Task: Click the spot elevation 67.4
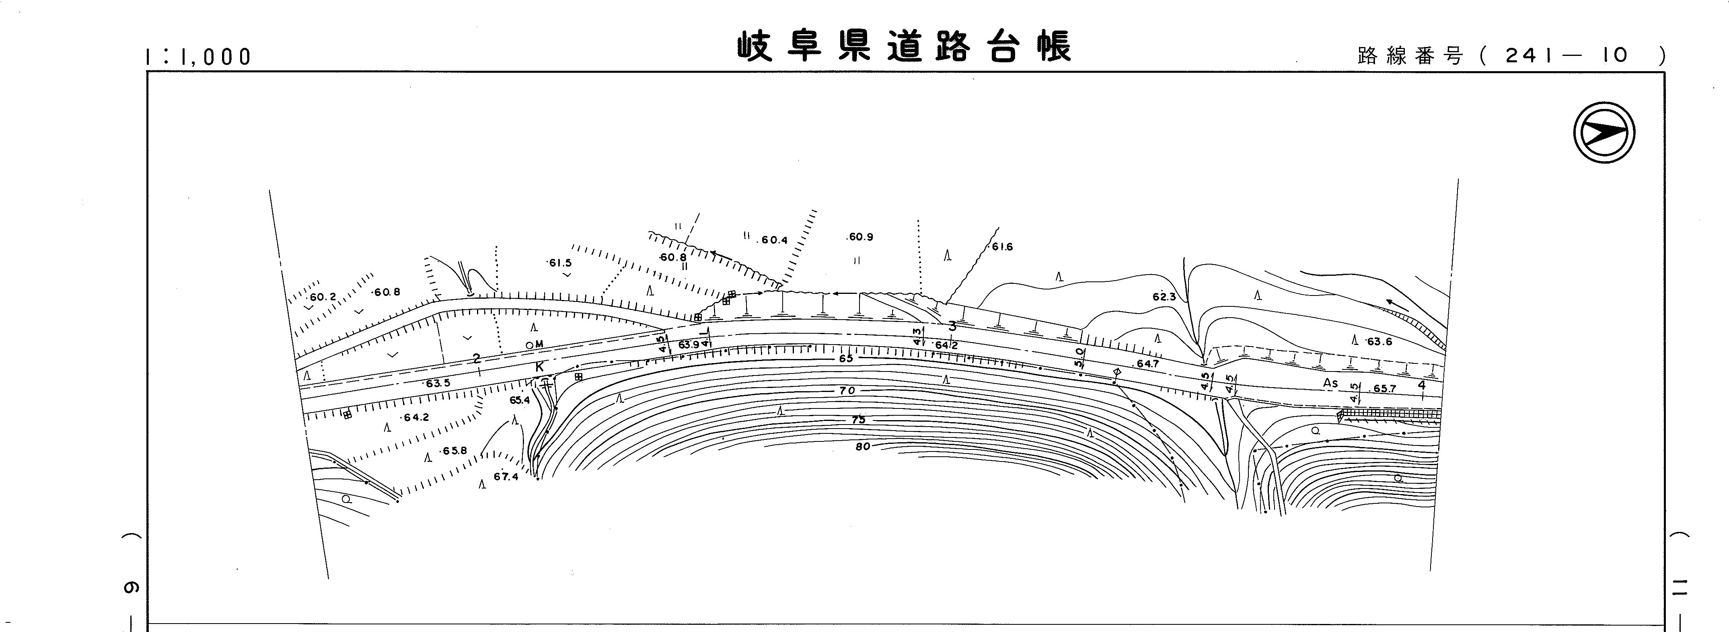(506, 477)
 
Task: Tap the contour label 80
(862, 446)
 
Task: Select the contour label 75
(858, 420)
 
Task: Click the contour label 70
(847, 390)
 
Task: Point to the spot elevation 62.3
(1164, 297)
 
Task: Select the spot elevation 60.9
(860, 237)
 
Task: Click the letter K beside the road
(539, 367)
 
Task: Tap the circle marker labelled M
(530, 345)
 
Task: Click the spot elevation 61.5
(560, 263)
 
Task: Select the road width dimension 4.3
(917, 335)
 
